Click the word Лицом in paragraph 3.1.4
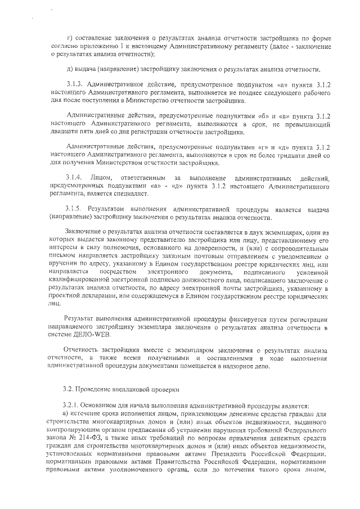[107, 178]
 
